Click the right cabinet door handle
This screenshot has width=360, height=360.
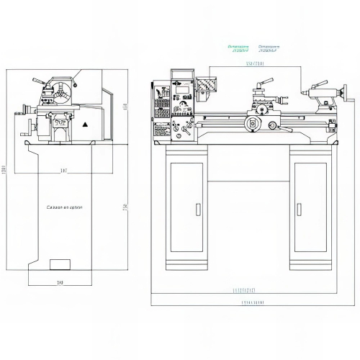(x=297, y=210)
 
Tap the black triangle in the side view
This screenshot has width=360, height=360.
(x=85, y=125)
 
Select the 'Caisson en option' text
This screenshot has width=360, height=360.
(x=65, y=207)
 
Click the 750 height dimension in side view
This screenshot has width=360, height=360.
(x=125, y=207)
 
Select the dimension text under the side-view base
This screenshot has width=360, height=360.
(x=60, y=283)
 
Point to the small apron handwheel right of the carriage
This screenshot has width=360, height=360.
(x=273, y=126)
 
